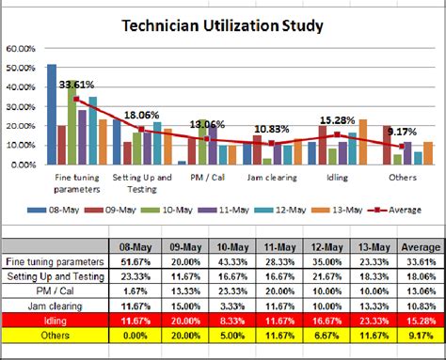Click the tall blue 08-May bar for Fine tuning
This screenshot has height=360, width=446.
click(x=52, y=113)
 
